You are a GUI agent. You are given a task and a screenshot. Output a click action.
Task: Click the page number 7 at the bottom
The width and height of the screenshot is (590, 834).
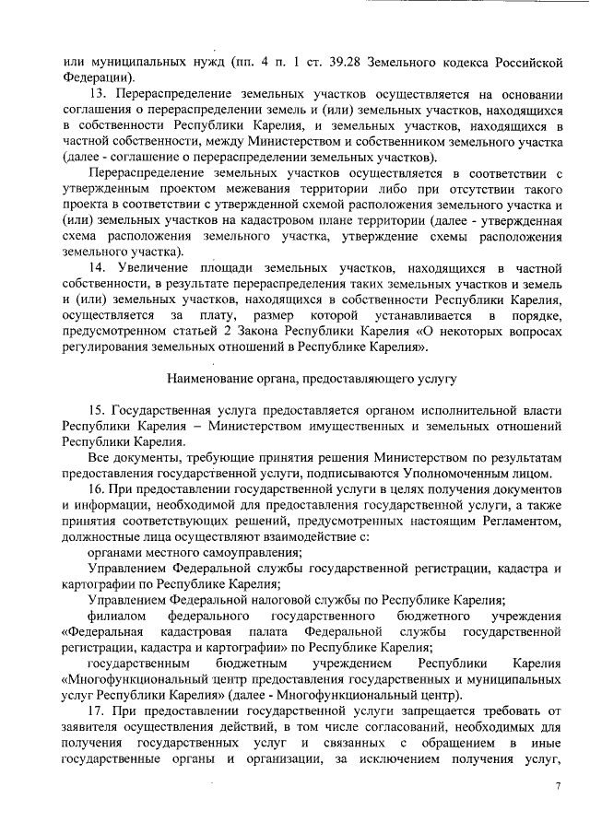click(558, 784)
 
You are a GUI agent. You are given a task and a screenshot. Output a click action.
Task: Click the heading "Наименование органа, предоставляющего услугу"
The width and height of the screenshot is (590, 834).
click(312, 378)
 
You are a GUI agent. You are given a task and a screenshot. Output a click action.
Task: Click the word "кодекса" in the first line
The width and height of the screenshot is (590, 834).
click(454, 63)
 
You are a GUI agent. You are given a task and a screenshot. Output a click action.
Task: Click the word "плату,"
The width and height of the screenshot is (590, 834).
click(218, 313)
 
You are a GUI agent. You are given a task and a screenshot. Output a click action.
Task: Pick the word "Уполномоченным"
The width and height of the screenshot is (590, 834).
click(468, 471)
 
